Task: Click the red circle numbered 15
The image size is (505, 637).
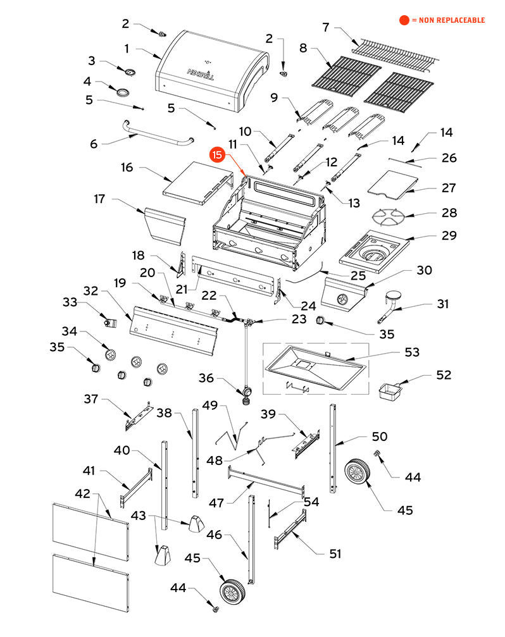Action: click(217, 155)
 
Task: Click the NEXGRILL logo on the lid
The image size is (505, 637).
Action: click(201, 74)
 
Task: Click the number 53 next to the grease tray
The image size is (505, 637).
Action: click(412, 352)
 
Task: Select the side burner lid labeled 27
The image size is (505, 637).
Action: click(392, 184)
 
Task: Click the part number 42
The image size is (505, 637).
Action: click(82, 493)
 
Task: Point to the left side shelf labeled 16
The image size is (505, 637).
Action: click(198, 183)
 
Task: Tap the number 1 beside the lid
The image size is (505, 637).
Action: click(127, 49)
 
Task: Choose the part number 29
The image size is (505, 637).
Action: click(449, 235)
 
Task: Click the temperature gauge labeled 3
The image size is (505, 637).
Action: click(130, 72)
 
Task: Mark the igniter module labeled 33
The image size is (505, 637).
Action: click(111, 323)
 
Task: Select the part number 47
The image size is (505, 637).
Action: click(216, 503)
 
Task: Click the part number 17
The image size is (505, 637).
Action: click(99, 199)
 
